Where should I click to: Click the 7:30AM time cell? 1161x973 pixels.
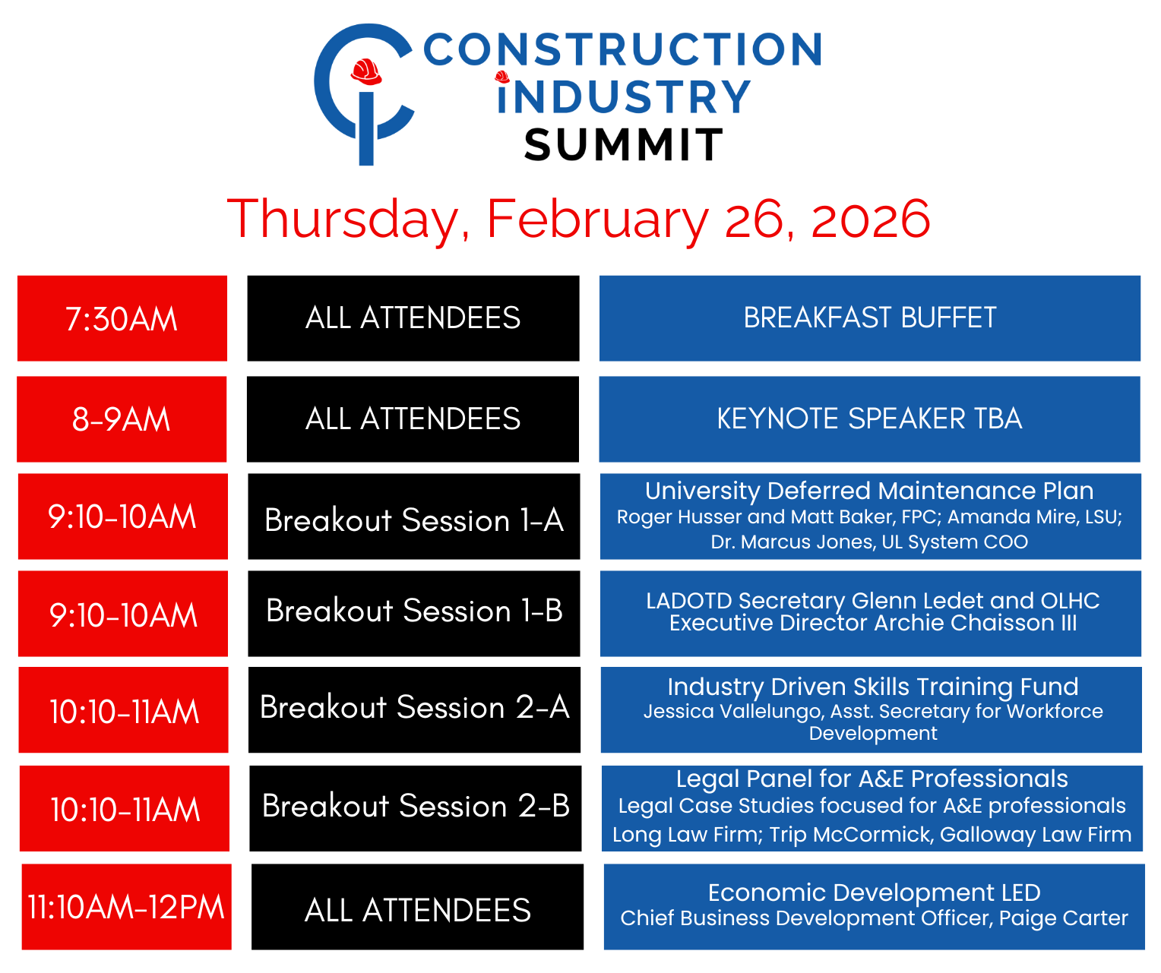click(x=122, y=318)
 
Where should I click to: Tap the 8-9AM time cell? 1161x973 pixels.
click(x=122, y=419)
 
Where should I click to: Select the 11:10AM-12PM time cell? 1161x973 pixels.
click(x=126, y=906)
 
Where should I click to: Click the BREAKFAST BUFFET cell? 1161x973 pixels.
click(x=869, y=318)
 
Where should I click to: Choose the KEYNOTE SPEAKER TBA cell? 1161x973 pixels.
click(x=868, y=419)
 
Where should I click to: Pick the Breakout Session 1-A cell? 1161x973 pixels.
click(x=413, y=516)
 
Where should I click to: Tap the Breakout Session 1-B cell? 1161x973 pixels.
click(x=413, y=613)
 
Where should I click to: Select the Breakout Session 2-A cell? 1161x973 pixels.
click(x=414, y=709)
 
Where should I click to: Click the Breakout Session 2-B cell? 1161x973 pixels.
click(x=416, y=808)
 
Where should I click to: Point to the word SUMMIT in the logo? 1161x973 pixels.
click(x=623, y=144)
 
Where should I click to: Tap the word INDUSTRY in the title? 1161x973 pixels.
click(x=624, y=96)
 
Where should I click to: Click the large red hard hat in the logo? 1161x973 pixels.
click(x=366, y=71)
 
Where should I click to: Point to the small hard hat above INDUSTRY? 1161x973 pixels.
click(x=502, y=77)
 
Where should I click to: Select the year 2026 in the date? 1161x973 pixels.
click(x=870, y=219)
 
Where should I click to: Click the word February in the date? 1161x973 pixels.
click(x=598, y=220)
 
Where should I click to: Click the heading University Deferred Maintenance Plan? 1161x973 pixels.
click(x=869, y=491)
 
